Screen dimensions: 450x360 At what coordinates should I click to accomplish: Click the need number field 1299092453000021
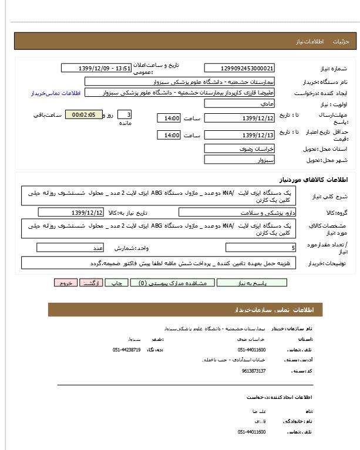(x=239, y=69)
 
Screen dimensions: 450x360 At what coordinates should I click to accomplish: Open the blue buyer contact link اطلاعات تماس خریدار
(x=54, y=93)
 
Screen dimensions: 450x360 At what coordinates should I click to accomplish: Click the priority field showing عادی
(x=239, y=103)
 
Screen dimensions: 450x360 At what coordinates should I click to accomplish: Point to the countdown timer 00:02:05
(x=83, y=115)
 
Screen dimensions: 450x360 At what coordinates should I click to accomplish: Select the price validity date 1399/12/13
(x=239, y=136)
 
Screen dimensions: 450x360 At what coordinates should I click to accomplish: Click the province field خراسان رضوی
(x=239, y=148)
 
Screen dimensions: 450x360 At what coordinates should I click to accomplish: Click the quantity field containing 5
(x=261, y=248)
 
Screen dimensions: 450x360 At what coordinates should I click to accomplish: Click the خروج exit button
(x=65, y=283)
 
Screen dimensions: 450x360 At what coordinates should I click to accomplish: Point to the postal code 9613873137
(x=254, y=371)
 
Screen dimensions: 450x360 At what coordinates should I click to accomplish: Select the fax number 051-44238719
(x=126, y=350)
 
